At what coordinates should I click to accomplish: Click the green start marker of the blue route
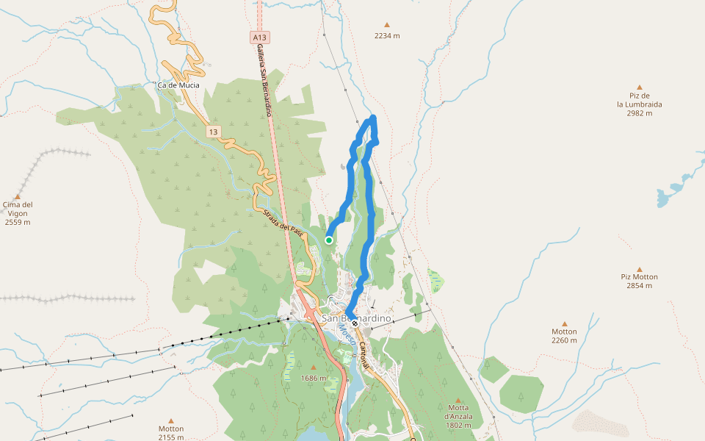(329, 240)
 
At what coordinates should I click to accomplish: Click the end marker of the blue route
(354, 323)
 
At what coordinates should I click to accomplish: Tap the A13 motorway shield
(259, 37)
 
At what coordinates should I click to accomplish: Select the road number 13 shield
(213, 132)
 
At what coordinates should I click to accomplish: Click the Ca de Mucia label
(178, 85)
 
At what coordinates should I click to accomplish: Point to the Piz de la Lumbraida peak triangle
(639, 87)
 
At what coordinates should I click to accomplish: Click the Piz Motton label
(639, 277)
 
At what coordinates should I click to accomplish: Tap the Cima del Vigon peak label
(18, 209)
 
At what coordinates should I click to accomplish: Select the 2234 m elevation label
(387, 35)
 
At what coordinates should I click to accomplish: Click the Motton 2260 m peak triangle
(565, 323)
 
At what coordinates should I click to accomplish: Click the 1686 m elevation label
(314, 378)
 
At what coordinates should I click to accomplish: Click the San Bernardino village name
(356, 318)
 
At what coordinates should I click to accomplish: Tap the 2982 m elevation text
(639, 114)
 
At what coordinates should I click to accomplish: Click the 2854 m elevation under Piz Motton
(639, 286)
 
